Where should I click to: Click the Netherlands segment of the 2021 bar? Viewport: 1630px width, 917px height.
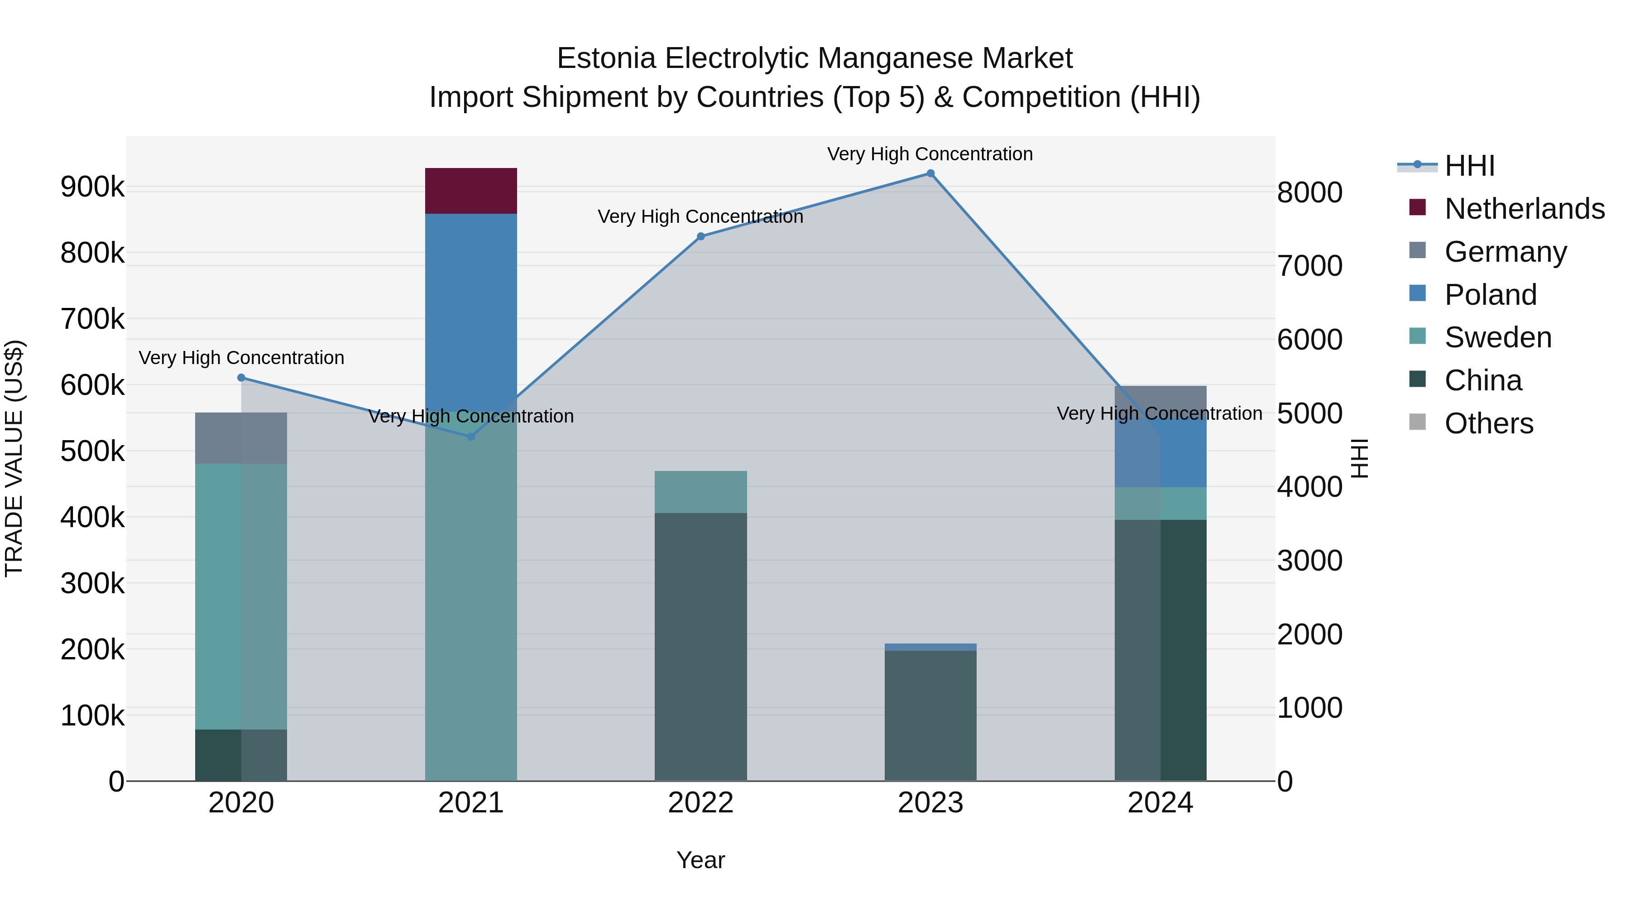point(471,191)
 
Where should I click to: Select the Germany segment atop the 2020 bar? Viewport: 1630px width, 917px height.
point(241,438)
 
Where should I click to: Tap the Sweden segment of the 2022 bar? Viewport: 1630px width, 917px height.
point(700,492)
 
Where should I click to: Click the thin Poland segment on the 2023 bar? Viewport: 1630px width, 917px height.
point(930,647)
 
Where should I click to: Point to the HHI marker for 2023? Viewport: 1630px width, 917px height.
point(930,173)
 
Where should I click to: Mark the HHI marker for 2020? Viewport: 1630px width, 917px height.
point(241,378)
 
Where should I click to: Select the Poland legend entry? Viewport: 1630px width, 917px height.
point(1490,295)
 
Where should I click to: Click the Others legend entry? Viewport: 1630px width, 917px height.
point(1488,423)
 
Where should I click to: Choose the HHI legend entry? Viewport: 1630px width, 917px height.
point(1469,166)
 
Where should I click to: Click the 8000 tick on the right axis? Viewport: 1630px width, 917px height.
point(1309,192)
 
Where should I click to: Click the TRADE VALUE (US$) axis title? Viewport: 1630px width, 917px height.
point(14,458)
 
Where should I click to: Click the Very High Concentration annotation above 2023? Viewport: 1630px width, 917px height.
point(930,154)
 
